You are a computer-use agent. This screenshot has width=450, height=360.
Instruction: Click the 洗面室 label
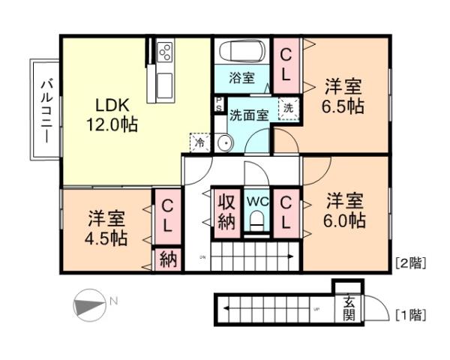pos(248,115)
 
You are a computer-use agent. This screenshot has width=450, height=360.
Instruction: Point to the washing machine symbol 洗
pos(288,108)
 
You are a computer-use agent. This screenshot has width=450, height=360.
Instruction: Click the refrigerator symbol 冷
pos(199,141)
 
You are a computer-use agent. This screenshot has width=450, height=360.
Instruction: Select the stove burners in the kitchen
pos(165,53)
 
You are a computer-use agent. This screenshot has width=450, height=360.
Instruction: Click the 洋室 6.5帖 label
pos(345,95)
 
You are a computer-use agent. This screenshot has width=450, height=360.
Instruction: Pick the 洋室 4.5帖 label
pos(106,228)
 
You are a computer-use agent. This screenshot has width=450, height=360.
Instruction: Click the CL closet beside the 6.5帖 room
pos(286,64)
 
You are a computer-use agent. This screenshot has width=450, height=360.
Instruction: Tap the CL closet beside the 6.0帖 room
pos(286,212)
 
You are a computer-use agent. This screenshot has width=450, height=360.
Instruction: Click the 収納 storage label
pos(226,211)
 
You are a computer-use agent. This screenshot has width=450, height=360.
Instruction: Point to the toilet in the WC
pos(257,220)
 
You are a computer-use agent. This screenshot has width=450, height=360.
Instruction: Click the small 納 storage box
pos(168,260)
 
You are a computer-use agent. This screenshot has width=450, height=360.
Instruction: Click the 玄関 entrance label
pos(349,307)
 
